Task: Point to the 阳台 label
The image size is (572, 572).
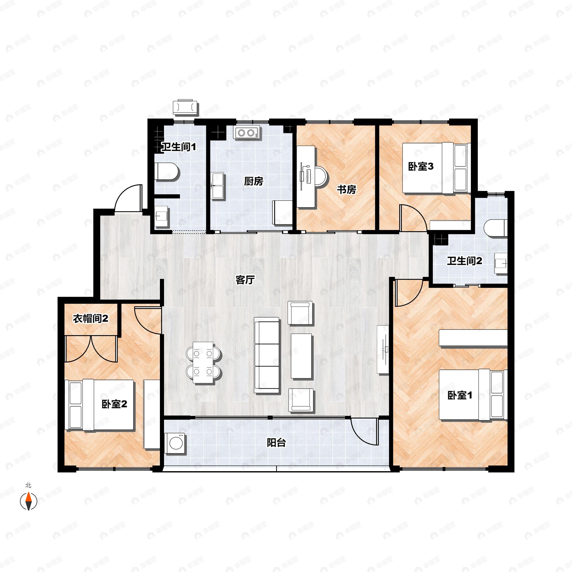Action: click(x=276, y=443)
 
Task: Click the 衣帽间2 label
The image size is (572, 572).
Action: click(x=91, y=319)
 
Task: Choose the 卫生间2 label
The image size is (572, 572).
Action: click(x=465, y=261)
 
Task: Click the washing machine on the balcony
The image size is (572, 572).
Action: click(x=175, y=443)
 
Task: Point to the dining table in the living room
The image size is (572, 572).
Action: click(x=203, y=362)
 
